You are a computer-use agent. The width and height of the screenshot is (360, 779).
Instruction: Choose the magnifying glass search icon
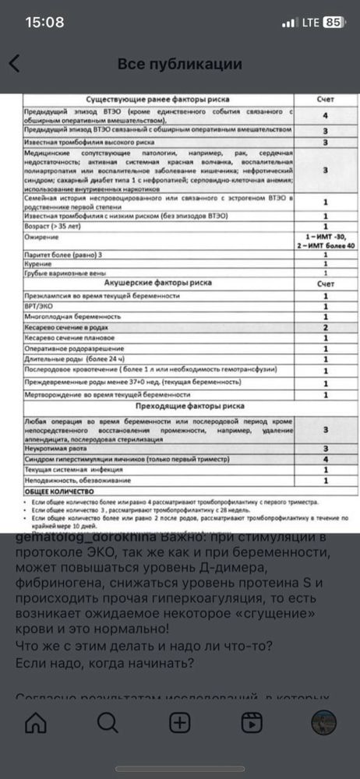(106, 721)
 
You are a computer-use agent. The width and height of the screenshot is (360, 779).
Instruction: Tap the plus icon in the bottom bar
(180, 721)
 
